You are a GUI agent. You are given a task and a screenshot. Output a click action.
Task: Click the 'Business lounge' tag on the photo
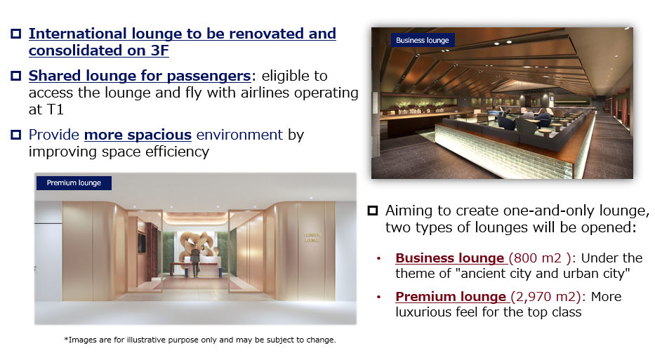click(x=422, y=40)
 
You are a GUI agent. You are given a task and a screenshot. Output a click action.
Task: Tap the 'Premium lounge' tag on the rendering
click(x=74, y=183)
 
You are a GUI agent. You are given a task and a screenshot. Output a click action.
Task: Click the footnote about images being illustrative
click(x=200, y=340)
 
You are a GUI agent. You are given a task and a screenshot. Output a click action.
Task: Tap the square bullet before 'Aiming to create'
click(x=372, y=211)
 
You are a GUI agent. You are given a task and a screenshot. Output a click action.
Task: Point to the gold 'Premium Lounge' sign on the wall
click(x=312, y=237)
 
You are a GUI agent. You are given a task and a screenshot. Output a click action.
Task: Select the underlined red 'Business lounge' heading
click(x=450, y=258)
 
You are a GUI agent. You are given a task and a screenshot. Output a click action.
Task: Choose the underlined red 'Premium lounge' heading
click(x=451, y=296)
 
